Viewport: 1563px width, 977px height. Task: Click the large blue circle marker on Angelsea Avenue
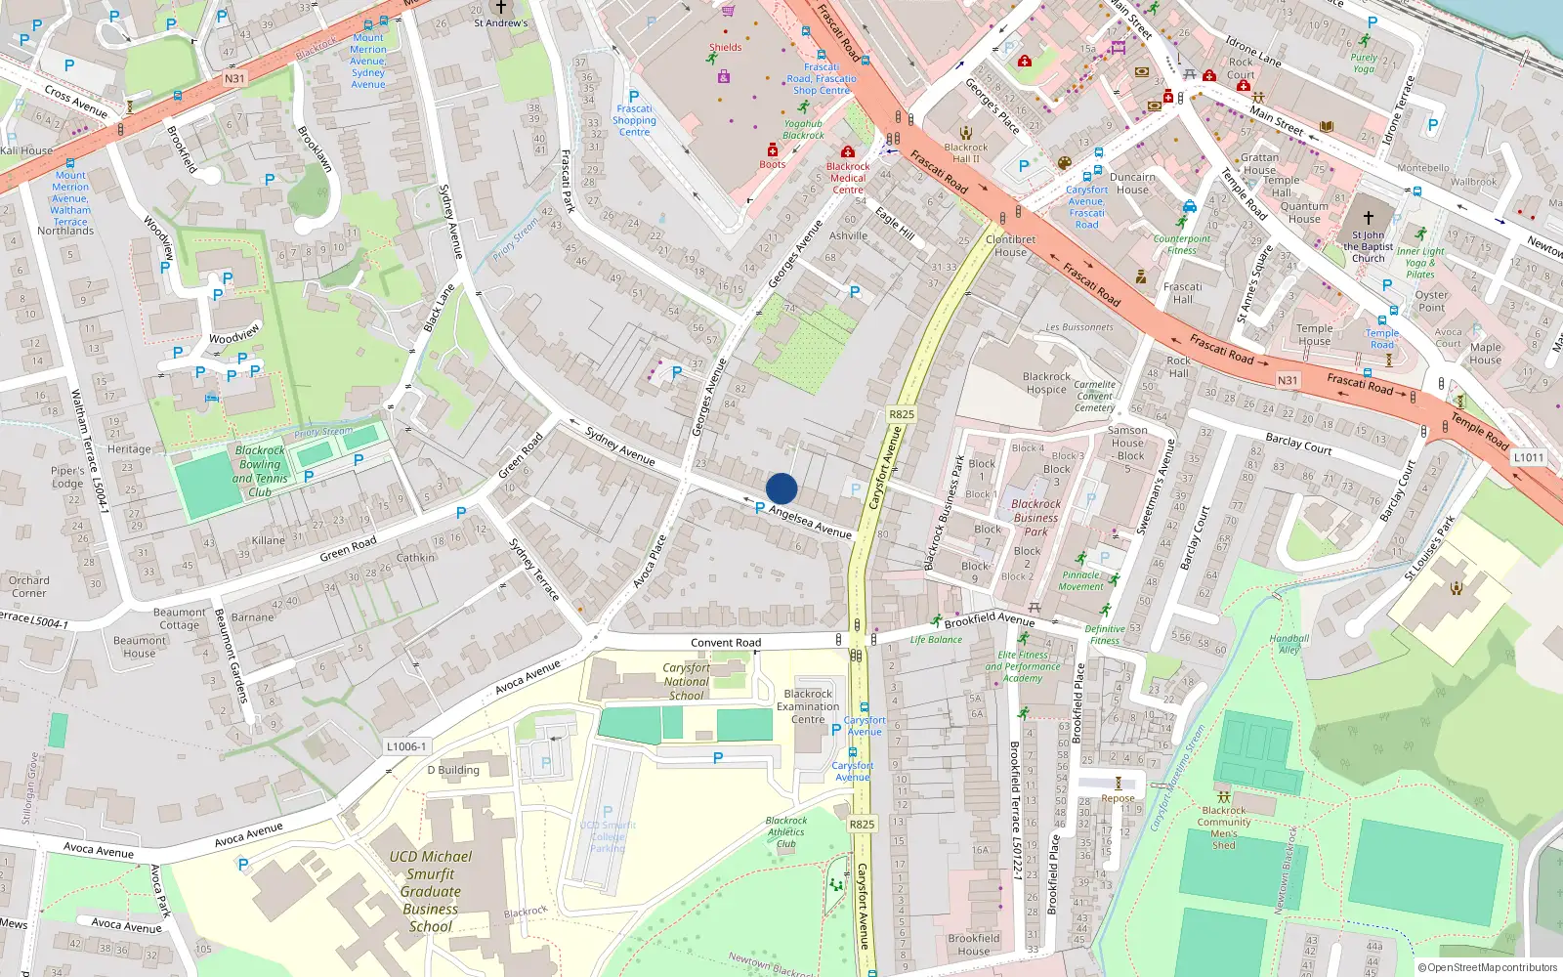coord(781,488)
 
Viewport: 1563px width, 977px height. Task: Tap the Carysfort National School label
coord(687,682)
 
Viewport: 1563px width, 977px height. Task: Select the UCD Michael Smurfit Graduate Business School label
coord(431,891)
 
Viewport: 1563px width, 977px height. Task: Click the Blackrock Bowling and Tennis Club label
coord(260,472)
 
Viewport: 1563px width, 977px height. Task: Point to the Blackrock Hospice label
coord(1046,383)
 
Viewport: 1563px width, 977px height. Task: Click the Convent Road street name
coord(726,643)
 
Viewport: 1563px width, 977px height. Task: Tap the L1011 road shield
coord(1528,457)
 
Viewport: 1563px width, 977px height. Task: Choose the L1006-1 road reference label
coord(406,746)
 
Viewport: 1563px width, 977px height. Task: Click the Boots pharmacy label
coord(773,164)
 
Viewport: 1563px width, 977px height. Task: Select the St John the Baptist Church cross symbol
coord(1369,218)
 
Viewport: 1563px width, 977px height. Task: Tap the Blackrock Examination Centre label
coord(808,706)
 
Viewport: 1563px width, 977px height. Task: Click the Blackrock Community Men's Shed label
coord(1224,828)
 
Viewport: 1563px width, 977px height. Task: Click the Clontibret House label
coord(1010,245)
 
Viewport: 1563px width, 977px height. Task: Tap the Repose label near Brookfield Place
coord(1118,798)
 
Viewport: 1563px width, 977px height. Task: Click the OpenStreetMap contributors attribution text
coord(1488,967)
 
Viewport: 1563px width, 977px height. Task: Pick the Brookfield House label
coord(974,944)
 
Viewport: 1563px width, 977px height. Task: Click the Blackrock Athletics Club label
coord(786,832)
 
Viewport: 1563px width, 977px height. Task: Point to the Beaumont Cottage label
coord(179,618)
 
